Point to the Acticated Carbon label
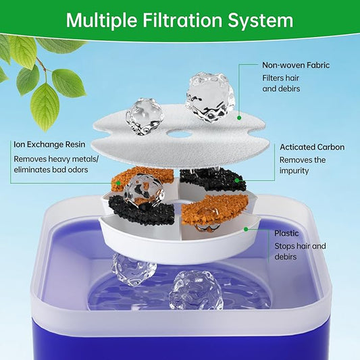point(311,147)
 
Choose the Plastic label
point(286,233)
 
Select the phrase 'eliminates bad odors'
point(53,172)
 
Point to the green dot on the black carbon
point(237,180)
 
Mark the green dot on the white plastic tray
point(248,228)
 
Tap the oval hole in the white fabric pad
point(178,134)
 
